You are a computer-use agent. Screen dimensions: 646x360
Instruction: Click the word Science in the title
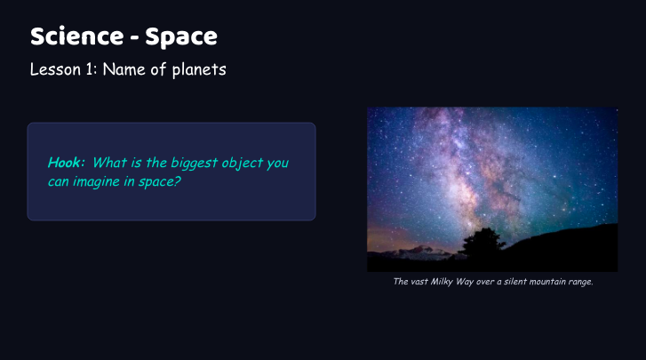click(x=77, y=36)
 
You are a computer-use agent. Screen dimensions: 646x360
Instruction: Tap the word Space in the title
click(x=181, y=38)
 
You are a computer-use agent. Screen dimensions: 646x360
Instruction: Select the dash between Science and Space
click(x=134, y=38)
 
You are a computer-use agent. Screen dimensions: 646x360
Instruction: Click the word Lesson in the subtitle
click(x=55, y=69)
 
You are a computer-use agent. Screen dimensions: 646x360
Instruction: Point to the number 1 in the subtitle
click(x=91, y=69)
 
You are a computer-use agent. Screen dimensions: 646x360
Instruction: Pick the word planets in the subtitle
click(x=199, y=70)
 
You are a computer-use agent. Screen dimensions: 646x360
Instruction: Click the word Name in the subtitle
click(x=124, y=69)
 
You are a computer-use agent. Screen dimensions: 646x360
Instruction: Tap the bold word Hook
click(x=66, y=163)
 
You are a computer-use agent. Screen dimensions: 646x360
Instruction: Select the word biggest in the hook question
click(x=194, y=164)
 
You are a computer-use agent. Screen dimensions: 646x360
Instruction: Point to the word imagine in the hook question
click(x=96, y=181)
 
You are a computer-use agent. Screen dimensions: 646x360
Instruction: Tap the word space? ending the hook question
click(x=159, y=182)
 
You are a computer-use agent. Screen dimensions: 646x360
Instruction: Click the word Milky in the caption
click(x=442, y=282)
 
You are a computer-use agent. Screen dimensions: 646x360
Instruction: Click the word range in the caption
click(x=580, y=282)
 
